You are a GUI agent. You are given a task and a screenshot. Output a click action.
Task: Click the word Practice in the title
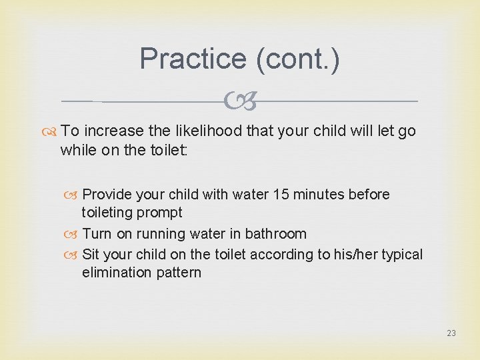pyautogui.click(x=194, y=59)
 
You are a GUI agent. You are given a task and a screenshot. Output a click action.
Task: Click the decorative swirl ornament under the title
pyautogui.click(x=241, y=101)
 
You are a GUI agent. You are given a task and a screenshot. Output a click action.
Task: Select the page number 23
pyautogui.click(x=451, y=333)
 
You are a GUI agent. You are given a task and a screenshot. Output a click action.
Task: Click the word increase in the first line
pyautogui.click(x=115, y=131)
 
